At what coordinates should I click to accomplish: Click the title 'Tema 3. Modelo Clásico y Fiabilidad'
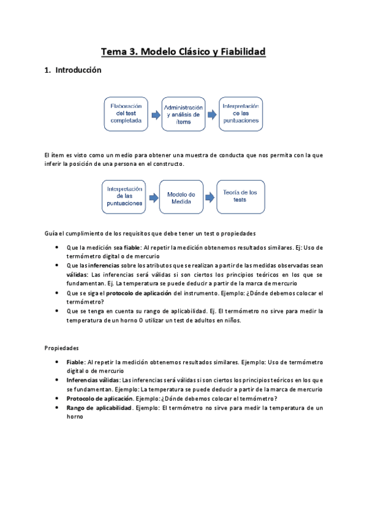pyautogui.click(x=183, y=52)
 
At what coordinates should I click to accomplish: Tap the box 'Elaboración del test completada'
pyautogui.click(x=126, y=114)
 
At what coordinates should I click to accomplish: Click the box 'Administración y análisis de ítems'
pyautogui.click(x=183, y=114)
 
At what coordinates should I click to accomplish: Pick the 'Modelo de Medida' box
pyautogui.click(x=181, y=196)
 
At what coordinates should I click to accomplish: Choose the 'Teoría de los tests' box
pyautogui.click(x=240, y=196)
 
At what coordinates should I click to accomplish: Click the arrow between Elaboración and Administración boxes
pyautogui.click(x=155, y=114)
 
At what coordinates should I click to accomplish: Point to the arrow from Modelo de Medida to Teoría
pyautogui.click(x=210, y=196)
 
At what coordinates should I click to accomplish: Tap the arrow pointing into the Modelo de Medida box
pyautogui.click(x=153, y=196)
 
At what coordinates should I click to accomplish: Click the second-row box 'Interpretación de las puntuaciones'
pyautogui.click(x=124, y=196)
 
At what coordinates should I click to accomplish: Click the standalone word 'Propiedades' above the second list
pyautogui.click(x=62, y=348)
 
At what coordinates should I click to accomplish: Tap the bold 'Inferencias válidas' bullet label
pyautogui.click(x=94, y=380)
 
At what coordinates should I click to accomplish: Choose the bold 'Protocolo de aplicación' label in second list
pyautogui.click(x=100, y=398)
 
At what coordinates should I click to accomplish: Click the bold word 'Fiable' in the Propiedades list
pyautogui.click(x=76, y=362)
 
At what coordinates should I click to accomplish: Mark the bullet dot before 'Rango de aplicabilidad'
pyautogui.click(x=57, y=408)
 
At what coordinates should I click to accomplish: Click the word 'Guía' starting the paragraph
pyautogui.click(x=51, y=234)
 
